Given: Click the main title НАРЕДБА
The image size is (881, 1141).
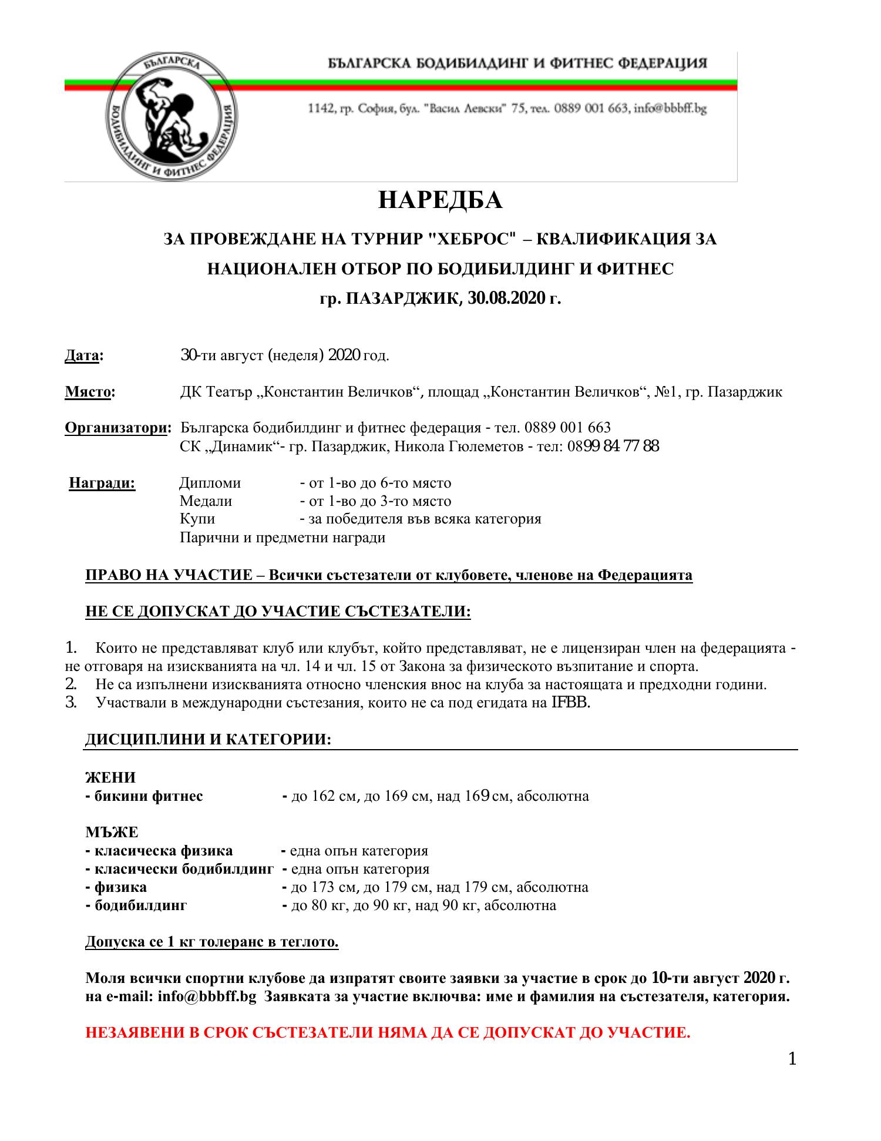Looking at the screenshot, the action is [x=440, y=200].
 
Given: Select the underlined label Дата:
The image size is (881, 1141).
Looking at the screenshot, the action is [x=83, y=356].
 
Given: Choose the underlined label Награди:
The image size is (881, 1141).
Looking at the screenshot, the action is [x=102, y=484].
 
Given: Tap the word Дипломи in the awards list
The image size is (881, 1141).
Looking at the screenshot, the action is [x=210, y=484].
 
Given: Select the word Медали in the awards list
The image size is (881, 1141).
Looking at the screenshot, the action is [x=206, y=502].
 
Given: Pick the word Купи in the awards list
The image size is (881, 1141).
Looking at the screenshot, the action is [x=197, y=519].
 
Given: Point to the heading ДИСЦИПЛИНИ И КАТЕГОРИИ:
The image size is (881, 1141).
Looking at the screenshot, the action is [x=209, y=740].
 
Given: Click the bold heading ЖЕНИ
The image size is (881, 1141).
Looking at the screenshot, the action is [x=110, y=778].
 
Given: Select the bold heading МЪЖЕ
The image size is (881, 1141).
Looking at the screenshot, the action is [x=112, y=833].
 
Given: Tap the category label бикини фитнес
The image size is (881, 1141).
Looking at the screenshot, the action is [x=144, y=796].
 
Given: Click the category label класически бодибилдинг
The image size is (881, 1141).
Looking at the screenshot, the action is [x=180, y=869].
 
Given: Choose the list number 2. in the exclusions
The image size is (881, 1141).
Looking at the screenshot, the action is [x=70, y=685].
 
